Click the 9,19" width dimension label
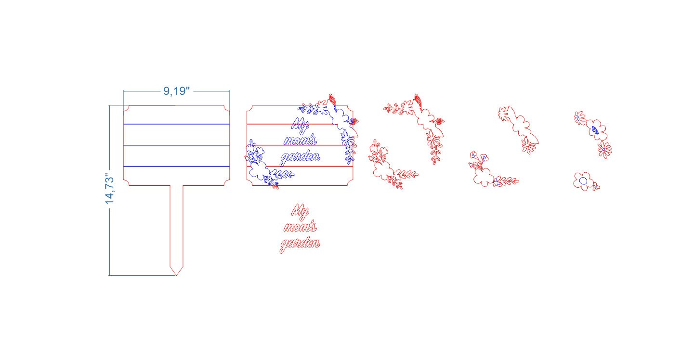[x=176, y=91]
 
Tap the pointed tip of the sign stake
[x=176, y=275]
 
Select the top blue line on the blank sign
[x=176, y=124]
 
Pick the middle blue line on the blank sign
[x=176, y=145]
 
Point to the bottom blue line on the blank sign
[x=176, y=167]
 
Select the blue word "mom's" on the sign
[x=300, y=141]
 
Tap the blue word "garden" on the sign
[x=300, y=158]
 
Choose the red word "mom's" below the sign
[x=300, y=227]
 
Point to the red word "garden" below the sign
[x=300, y=244]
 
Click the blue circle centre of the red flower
[x=583, y=181]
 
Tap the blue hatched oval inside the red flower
[x=595, y=130]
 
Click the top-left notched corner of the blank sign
[x=127, y=108]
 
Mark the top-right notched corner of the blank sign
[x=227, y=108]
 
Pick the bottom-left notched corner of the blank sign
[x=127, y=182]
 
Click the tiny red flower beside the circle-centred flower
[x=596, y=187]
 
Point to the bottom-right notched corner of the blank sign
[x=227, y=182]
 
